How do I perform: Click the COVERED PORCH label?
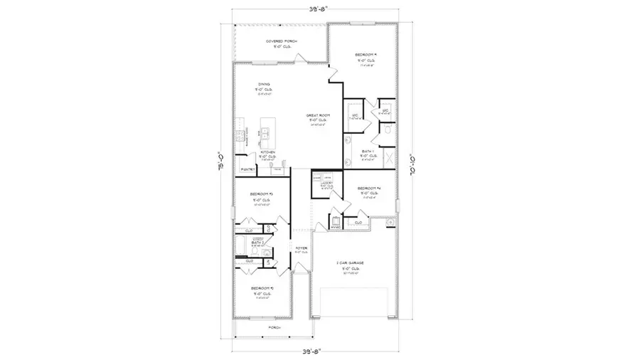coord(282,42)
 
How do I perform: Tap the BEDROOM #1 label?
coord(366,54)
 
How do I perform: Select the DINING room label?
coord(264,84)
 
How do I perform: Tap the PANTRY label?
coord(247,170)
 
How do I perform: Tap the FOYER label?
coord(302,249)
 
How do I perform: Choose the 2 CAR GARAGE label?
coord(351,263)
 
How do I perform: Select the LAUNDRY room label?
coord(326,183)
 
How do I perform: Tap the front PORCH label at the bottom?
coord(273,327)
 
